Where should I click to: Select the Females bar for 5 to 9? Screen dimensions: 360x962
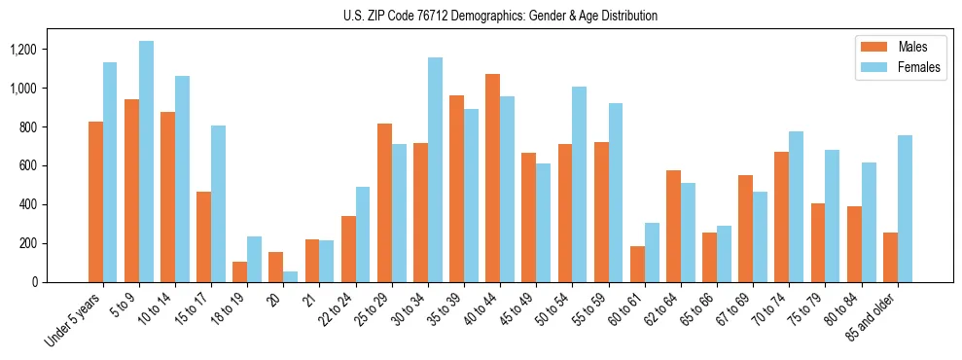click(x=146, y=162)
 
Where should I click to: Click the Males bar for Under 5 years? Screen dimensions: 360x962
click(x=95, y=201)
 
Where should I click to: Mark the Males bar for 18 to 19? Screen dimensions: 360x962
click(x=240, y=271)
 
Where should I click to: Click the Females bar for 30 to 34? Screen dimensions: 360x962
click(x=435, y=169)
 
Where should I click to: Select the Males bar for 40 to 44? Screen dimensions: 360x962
click(x=493, y=178)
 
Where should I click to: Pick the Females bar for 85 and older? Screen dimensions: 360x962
click(x=905, y=208)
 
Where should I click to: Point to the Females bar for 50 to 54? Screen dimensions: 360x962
click(x=580, y=184)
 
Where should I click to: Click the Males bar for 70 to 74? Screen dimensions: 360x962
click(x=782, y=217)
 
